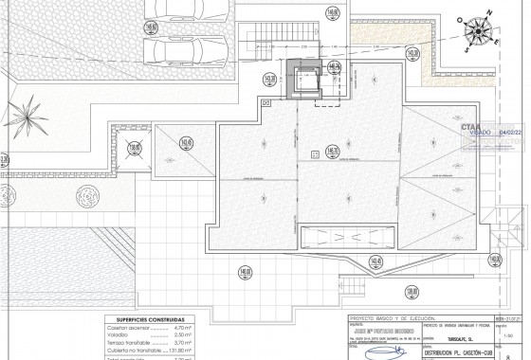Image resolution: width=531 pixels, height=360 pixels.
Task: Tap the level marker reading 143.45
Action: pos(375,261)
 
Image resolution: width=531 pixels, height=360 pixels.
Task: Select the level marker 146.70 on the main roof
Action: pos(332,148)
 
